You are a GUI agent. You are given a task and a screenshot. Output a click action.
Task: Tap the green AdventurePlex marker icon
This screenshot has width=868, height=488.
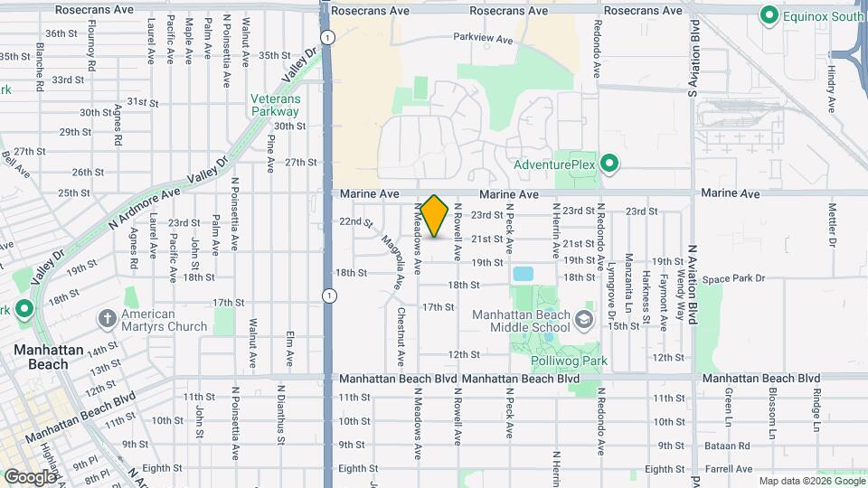(x=609, y=164)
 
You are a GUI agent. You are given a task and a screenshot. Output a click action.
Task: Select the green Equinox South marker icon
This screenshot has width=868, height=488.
(x=769, y=15)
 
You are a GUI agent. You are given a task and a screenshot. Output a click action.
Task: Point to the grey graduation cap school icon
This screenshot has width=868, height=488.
(x=585, y=319)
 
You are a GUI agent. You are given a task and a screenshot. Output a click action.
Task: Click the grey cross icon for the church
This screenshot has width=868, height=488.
(x=108, y=318)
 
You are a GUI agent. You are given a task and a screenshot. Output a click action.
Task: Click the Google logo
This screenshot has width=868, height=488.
(x=30, y=476)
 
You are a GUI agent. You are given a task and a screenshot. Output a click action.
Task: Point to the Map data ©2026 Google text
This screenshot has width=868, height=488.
(x=810, y=481)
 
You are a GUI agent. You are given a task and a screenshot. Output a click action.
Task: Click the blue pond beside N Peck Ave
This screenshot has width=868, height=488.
(x=523, y=273)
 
